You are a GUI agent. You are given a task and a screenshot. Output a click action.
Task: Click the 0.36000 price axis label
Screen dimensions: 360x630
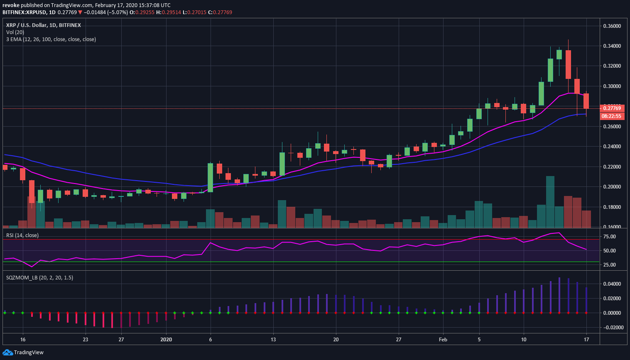coord(612,26)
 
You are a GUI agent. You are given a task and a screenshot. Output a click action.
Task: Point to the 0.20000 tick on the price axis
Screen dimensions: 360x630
coord(612,187)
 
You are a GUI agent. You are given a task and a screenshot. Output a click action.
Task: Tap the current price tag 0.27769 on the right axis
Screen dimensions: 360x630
coord(612,108)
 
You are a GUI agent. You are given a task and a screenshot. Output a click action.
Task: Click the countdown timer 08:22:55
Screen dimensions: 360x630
coord(612,116)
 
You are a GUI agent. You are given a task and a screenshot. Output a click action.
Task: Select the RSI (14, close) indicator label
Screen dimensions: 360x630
coord(22,235)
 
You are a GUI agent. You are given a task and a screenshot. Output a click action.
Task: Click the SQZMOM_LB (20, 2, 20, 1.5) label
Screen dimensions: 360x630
coord(39,277)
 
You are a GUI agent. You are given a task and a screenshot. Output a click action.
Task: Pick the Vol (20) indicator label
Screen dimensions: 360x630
coord(15,32)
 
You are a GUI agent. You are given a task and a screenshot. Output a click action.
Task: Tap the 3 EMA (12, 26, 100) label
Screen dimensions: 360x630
coord(51,39)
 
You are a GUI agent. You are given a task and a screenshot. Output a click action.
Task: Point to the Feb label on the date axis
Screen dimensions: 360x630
coord(443,340)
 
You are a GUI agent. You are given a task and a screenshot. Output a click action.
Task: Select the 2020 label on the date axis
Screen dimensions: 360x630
coord(166,340)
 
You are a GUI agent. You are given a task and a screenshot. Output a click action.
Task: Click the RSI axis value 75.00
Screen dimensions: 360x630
coord(610,237)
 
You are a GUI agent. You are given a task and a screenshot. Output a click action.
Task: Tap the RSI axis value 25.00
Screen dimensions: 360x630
coord(610,265)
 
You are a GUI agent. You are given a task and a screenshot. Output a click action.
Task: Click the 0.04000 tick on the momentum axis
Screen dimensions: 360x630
coord(612,284)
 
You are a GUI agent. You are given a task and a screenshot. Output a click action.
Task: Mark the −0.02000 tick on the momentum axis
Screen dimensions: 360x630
coord(612,328)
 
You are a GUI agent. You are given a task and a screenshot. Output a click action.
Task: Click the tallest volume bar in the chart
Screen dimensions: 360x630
coord(550,202)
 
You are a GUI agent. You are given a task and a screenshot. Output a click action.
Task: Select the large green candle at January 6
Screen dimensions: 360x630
coord(211,177)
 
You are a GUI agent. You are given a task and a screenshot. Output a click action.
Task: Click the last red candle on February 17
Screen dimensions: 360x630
coord(586,101)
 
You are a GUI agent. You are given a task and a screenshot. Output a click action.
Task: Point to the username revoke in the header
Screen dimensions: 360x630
coord(11,5)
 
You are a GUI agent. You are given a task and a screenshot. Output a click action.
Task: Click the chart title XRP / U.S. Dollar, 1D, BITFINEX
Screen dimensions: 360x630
coord(44,25)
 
